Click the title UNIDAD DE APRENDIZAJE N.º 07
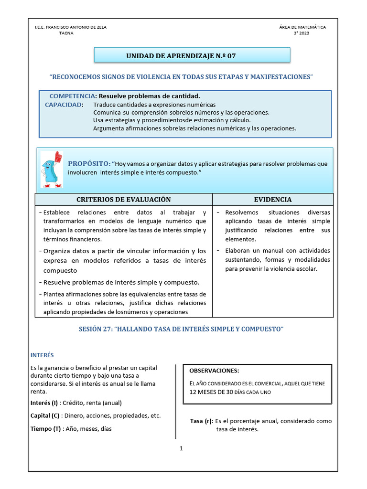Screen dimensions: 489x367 coord(181,56)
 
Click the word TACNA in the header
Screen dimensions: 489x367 coord(66,34)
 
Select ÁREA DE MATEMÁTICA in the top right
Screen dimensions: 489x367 coord(302,27)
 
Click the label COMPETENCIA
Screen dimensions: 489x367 coord(72,96)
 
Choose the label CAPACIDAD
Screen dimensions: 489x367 coord(64,105)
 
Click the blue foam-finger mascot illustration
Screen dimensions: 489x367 coord(51,170)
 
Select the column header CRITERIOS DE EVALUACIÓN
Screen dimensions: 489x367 coord(124,199)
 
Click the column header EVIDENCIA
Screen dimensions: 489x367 coord(273,199)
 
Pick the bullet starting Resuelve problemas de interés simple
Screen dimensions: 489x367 coord(121,282)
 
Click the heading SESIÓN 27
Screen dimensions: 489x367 coord(181,330)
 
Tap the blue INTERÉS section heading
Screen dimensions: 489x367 coord(42,355)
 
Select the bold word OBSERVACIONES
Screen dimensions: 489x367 coord(214,371)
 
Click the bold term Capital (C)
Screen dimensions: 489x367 coord(45,415)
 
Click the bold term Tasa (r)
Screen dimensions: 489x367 coord(201,421)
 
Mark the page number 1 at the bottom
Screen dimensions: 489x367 coord(182,448)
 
